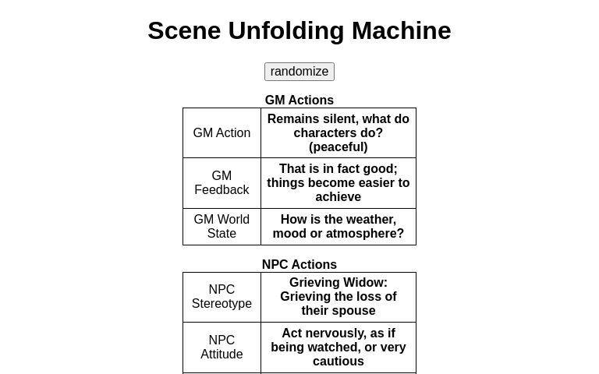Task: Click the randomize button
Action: pos(299,72)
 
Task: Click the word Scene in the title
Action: pos(184,31)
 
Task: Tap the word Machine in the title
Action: pos(401,31)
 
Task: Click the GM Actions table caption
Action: pos(299,101)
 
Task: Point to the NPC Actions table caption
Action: pos(299,265)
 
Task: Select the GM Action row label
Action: pos(222,133)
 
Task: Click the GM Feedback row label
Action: pos(222,183)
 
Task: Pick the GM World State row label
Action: pos(222,227)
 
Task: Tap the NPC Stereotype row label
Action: pos(222,297)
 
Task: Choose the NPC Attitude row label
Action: pos(222,348)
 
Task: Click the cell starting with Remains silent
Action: pos(338,133)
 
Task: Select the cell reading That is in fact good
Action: pos(338,183)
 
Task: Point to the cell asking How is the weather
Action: pos(338,227)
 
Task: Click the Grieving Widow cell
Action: pos(338,297)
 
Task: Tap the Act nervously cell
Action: pos(338,348)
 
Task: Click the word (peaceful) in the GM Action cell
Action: pos(338,147)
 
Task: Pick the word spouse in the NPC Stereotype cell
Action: pos(355,311)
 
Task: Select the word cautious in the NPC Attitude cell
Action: pos(338,362)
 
